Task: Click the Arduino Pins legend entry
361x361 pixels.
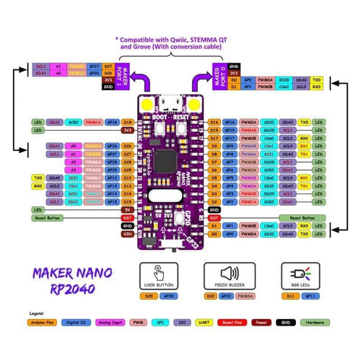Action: click(x=48, y=324)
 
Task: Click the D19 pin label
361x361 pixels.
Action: click(x=214, y=130)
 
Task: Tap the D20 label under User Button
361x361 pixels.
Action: click(x=150, y=295)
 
